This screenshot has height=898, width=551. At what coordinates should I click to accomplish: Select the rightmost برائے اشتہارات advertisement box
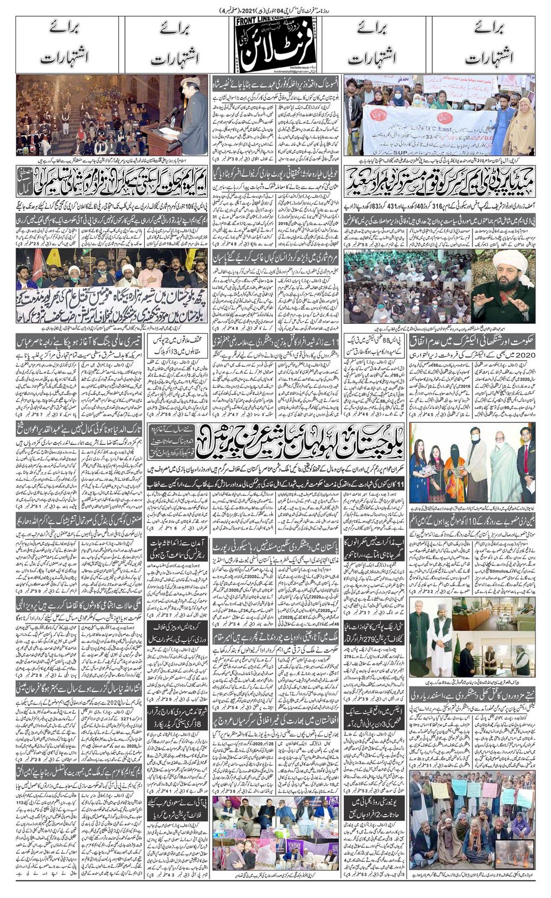pos(481,45)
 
